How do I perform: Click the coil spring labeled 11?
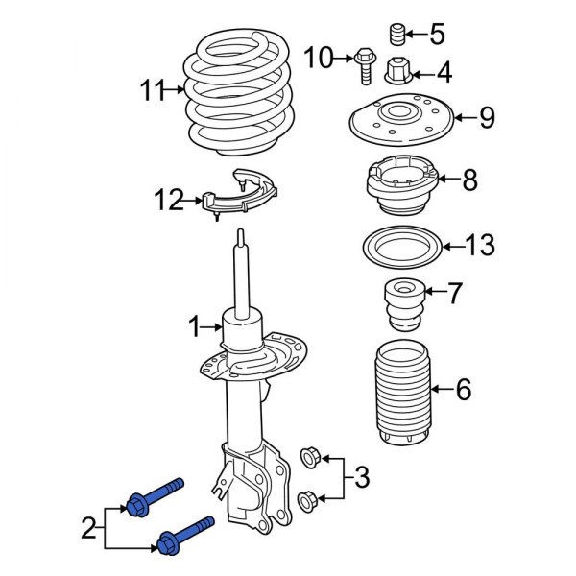tap(233, 91)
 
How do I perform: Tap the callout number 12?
tap(167, 201)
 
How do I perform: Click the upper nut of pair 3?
tap(310, 454)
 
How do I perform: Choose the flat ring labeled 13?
tap(400, 246)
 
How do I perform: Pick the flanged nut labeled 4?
tap(400, 71)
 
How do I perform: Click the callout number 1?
tap(194, 327)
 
